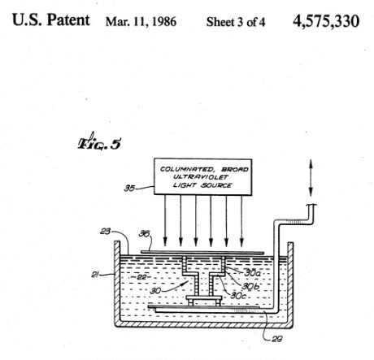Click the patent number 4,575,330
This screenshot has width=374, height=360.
point(326,21)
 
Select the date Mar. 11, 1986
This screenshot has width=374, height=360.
point(141,22)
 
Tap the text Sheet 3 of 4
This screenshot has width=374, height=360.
point(236,22)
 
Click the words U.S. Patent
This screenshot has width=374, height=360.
point(51,20)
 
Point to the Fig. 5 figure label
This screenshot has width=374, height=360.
point(99,141)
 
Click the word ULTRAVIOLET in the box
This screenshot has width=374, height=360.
point(201,177)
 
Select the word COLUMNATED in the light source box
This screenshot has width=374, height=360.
point(187,169)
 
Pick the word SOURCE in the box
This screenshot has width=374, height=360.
point(216,185)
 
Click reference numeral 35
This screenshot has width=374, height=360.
point(129,188)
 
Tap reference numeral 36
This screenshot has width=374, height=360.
point(144,233)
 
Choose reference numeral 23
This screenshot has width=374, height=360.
point(105,232)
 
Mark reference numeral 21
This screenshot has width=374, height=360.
point(94,275)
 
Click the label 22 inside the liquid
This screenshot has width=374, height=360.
point(141,277)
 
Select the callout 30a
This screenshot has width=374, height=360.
point(252,273)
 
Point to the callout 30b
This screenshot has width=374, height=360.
point(250,286)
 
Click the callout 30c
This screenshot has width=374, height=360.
point(238,296)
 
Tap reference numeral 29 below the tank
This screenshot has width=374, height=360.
point(276,339)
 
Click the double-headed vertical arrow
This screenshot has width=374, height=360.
point(311,178)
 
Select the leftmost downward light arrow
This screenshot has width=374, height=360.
point(165,220)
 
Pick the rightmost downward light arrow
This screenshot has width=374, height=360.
point(241,220)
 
